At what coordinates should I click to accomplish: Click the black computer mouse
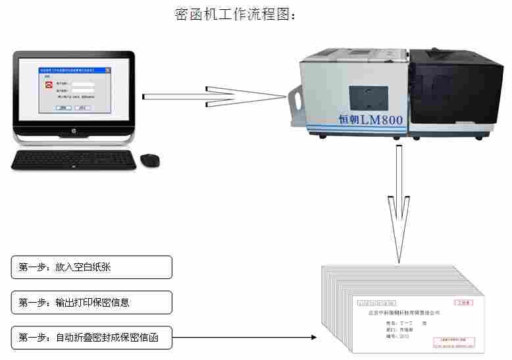pyautogui.click(x=150, y=159)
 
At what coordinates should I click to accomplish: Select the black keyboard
pyautogui.click(x=74, y=159)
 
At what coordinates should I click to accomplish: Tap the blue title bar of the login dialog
pyautogui.click(x=72, y=68)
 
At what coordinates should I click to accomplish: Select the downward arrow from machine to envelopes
pyautogui.click(x=398, y=204)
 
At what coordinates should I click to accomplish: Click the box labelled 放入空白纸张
pyautogui.click(x=91, y=267)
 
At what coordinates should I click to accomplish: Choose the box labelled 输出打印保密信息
pyautogui.click(x=91, y=303)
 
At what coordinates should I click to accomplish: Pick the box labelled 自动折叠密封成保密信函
pyautogui.click(x=91, y=338)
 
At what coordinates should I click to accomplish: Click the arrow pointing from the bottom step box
pyautogui.click(x=243, y=338)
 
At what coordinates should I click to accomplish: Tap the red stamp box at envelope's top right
pyautogui.click(x=465, y=303)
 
